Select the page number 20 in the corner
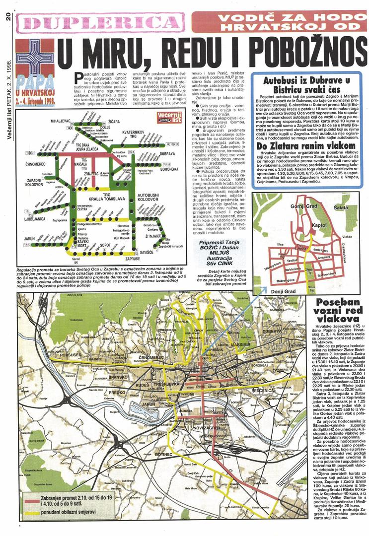coord(8,16)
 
